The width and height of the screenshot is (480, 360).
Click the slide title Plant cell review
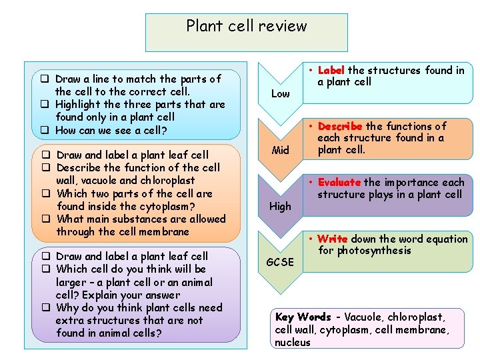(247, 26)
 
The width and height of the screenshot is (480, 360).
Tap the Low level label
(280, 94)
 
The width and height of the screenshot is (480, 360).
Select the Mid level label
(280, 150)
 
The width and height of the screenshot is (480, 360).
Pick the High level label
(280, 207)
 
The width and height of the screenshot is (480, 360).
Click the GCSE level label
(280, 262)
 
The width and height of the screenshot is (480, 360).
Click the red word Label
(331, 70)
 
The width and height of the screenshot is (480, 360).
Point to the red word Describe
(340, 126)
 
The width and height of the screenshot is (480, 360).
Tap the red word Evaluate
(339, 182)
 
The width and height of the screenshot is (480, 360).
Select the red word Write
(333, 239)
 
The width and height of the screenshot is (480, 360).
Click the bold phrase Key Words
(303, 317)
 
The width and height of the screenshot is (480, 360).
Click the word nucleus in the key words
(293, 342)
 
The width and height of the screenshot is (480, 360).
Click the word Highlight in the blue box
(79, 104)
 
